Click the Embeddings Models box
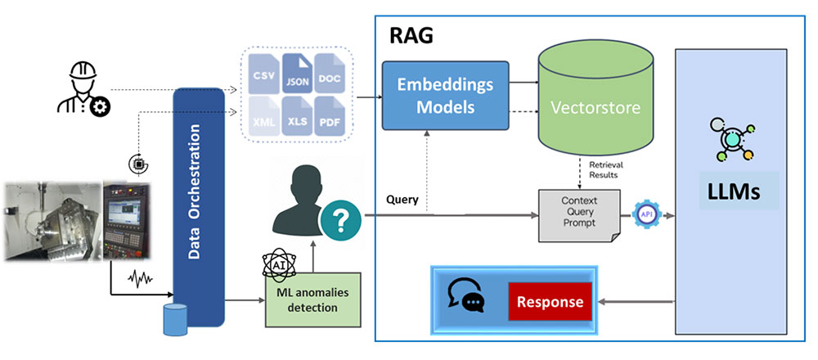(445, 97)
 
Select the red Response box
(549, 301)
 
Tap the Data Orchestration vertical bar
(199, 205)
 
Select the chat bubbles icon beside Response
(466, 296)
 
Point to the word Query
(402, 199)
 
